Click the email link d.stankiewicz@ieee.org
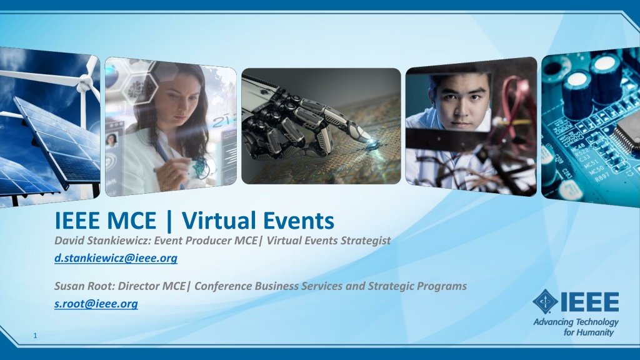click(116, 258)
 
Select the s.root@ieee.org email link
click(96, 304)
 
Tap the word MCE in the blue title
click(131, 221)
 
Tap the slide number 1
click(35, 336)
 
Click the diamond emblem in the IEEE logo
click(545, 302)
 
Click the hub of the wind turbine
click(85, 84)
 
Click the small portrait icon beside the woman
click(111, 141)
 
